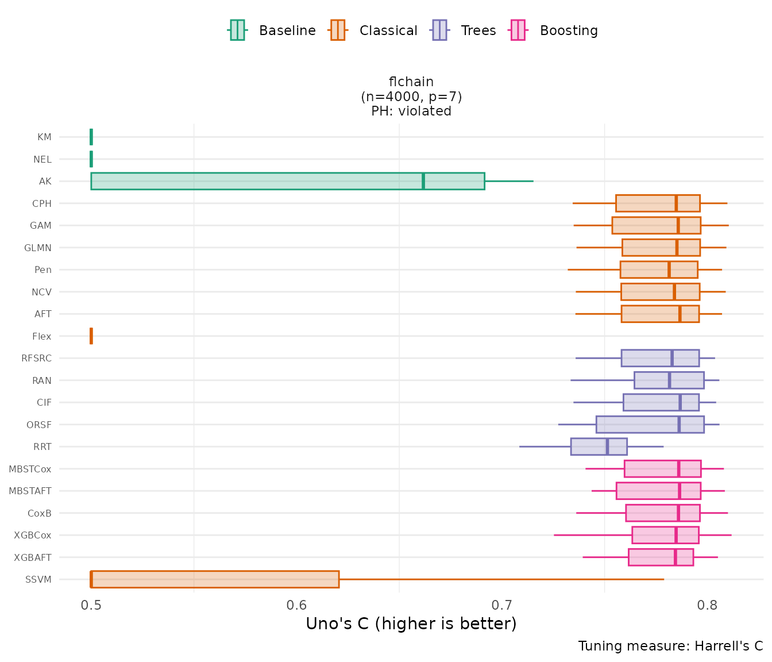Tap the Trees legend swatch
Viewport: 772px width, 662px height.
439,30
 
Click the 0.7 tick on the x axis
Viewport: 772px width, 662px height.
501,605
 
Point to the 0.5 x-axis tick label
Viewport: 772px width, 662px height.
91,605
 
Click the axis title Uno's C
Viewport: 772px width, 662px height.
411,624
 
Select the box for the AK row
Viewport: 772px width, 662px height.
287,181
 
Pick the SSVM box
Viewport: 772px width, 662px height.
215,579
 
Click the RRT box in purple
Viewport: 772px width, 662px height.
599,447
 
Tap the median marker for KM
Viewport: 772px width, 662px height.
91,137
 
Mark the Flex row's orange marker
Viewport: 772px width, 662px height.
91,336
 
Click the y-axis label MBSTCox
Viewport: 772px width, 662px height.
30,469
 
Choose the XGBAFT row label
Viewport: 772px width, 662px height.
33,557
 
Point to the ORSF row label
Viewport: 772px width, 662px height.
39,425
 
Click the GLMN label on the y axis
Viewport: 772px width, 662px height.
38,248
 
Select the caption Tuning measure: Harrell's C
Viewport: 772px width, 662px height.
670,646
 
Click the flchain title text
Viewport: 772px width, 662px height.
411,82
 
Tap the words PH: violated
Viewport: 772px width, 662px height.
411,111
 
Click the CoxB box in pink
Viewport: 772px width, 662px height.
663,513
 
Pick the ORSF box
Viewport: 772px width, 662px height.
650,425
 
